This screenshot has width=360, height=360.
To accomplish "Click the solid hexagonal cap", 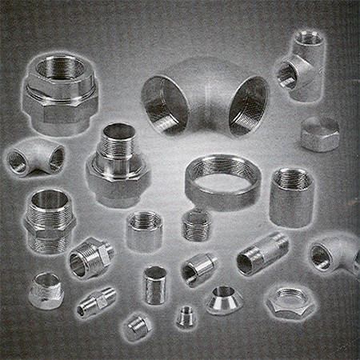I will (320, 134).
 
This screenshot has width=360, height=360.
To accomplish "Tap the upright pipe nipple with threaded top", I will (155, 284).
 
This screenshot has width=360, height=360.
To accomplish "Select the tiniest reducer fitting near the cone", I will (186, 315).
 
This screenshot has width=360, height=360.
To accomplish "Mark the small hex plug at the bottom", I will (137, 326).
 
